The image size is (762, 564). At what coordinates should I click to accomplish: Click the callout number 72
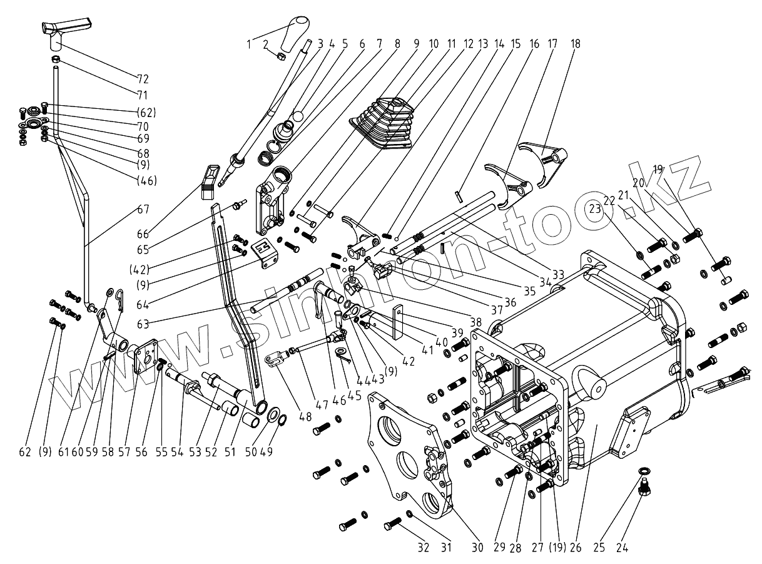pyautogui.click(x=143, y=79)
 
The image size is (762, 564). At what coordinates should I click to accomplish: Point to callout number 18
pyautogui.click(x=576, y=44)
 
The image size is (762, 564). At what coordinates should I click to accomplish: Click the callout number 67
pyautogui.click(x=143, y=209)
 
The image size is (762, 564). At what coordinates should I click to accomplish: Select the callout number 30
pyautogui.click(x=477, y=548)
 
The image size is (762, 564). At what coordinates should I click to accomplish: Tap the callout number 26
pyautogui.click(x=576, y=548)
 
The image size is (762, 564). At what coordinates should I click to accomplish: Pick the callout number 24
pyautogui.click(x=622, y=548)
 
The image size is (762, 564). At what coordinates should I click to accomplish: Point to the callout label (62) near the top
pyautogui.click(x=146, y=113)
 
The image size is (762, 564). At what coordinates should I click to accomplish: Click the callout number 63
pyautogui.click(x=143, y=324)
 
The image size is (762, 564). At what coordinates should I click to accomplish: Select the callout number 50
pyautogui.click(x=251, y=452)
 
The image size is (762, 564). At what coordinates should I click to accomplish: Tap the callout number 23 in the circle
pyautogui.click(x=595, y=208)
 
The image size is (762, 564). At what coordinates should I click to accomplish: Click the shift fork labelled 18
pyautogui.click(x=542, y=165)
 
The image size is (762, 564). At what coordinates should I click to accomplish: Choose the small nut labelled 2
pyautogui.click(x=281, y=56)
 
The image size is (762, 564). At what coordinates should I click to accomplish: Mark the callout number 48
pyautogui.click(x=305, y=417)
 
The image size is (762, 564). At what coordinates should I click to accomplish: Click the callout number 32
pyautogui.click(x=424, y=548)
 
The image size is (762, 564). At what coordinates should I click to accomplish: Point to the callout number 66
pyautogui.click(x=143, y=234)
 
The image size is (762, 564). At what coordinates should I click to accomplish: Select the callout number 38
pyautogui.click(x=476, y=322)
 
